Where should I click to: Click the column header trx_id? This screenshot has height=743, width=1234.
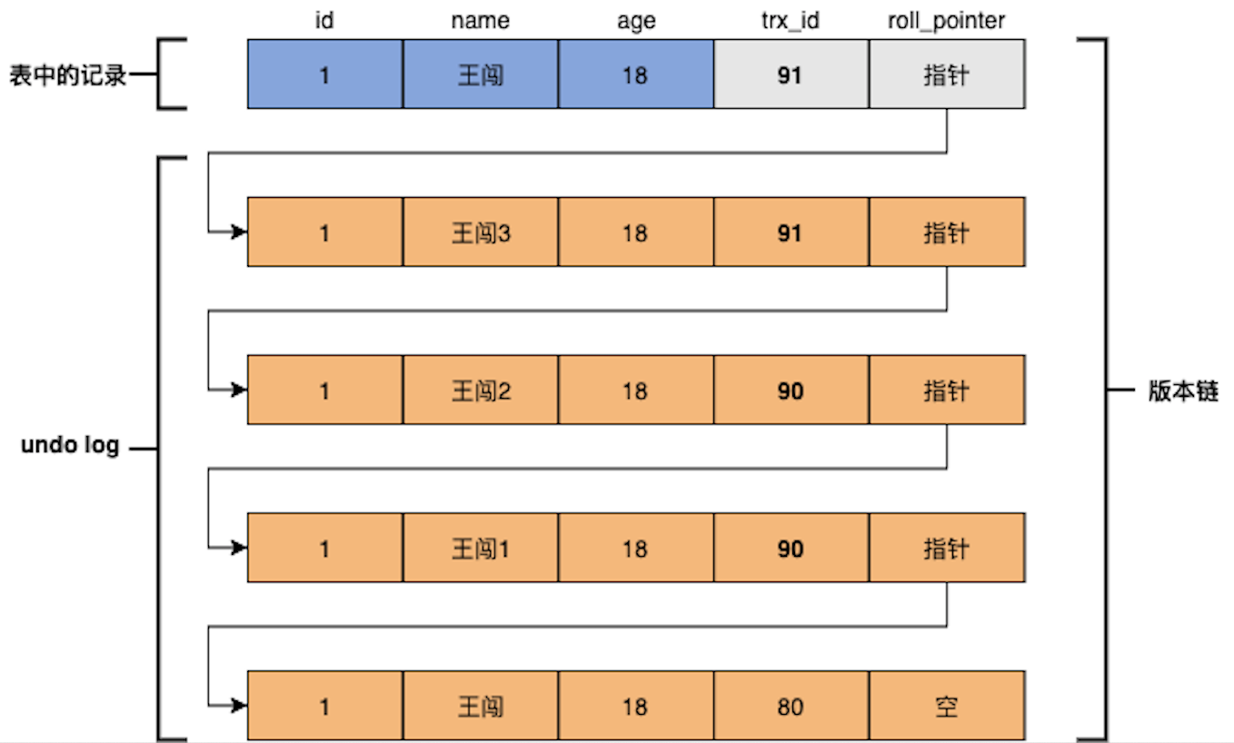coord(791,21)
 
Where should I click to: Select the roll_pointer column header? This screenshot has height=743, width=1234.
coord(947,21)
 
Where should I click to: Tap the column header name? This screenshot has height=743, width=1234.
coord(481,21)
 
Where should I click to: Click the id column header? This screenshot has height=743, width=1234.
coord(324,20)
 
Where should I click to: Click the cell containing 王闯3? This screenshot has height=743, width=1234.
coord(481,232)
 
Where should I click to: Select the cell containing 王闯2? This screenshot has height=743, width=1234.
coord(481,390)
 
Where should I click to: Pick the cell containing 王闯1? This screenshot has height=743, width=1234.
coord(481,548)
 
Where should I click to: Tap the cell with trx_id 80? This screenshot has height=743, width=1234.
coord(791,706)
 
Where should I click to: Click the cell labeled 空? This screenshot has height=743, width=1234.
coord(947,706)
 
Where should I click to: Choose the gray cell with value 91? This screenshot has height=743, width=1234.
coord(791,74)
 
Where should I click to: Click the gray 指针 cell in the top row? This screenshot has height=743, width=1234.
coord(947,74)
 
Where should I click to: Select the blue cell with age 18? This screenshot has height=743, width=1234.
coord(636,74)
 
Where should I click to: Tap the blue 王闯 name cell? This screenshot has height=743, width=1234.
coord(481,74)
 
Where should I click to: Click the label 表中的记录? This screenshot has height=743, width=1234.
coord(68,74)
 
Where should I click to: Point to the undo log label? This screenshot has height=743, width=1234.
coord(70,445)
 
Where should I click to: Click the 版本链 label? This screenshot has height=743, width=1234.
coord(1183,391)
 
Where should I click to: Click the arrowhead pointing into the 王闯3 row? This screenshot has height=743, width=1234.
coord(240,232)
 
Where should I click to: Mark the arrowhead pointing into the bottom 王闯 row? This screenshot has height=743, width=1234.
coord(240,706)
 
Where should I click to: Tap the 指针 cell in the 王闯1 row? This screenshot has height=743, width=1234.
coord(947,548)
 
